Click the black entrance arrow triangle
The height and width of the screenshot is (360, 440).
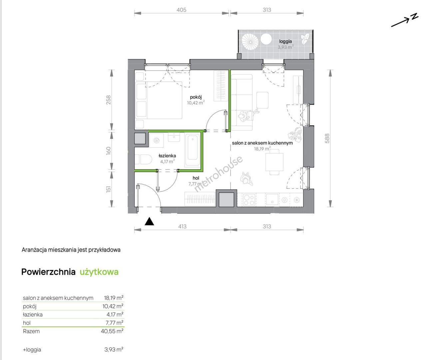[149, 222]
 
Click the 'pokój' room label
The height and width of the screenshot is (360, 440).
[196, 97]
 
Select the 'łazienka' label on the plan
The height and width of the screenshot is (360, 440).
[167, 156]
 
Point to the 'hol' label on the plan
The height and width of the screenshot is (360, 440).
[196, 178]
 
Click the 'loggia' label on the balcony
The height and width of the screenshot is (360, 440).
[285, 41]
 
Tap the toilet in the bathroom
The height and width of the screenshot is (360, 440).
[144, 159]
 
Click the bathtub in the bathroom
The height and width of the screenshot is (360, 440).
[193, 150]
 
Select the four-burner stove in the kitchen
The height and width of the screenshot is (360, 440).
[249, 200]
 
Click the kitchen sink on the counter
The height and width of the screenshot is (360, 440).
[272, 199]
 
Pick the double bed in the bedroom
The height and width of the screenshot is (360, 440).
[159, 100]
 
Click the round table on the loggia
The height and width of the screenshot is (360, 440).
[266, 39]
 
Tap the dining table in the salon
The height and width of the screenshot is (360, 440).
[274, 162]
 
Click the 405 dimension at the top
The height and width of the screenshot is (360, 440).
[181, 10]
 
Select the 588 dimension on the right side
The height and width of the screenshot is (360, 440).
[327, 138]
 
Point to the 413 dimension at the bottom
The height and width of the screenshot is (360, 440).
[182, 226]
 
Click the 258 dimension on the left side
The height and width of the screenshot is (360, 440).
[109, 100]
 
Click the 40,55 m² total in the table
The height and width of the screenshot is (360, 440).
[112, 331]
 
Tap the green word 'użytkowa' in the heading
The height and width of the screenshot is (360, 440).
[99, 272]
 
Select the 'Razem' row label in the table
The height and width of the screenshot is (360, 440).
[31, 331]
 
